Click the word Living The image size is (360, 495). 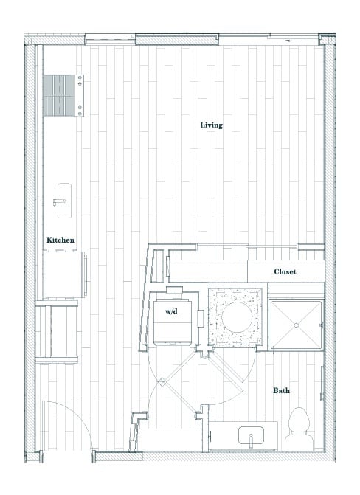pos(211,125)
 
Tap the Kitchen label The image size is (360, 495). pos(60,240)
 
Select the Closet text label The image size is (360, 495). pos(285,271)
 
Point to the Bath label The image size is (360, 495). pos(280,390)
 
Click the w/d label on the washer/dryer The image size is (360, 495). pos(171,312)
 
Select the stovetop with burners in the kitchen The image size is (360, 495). pos(63,96)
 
